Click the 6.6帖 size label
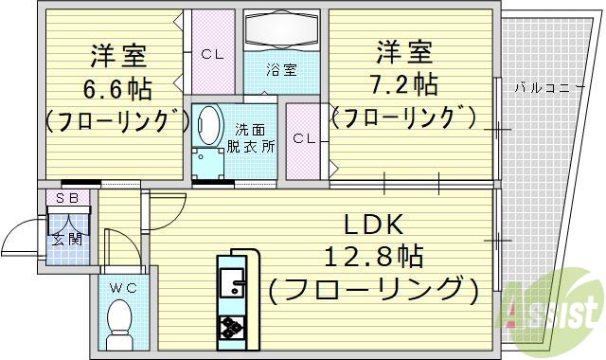[111, 89]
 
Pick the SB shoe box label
[66, 197]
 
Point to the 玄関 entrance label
[67, 239]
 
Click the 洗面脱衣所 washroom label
[255, 139]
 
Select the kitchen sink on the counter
[231, 280]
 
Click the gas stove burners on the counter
[231, 327]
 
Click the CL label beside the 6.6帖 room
[212, 54]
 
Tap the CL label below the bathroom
[303, 139]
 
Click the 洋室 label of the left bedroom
[111, 55]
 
